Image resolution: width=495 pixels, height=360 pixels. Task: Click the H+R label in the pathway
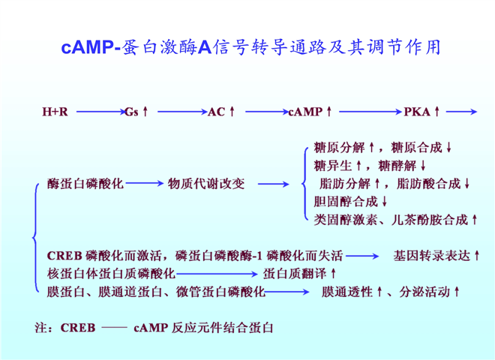(x=55, y=112)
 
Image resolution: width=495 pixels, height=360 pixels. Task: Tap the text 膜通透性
(x=347, y=290)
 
